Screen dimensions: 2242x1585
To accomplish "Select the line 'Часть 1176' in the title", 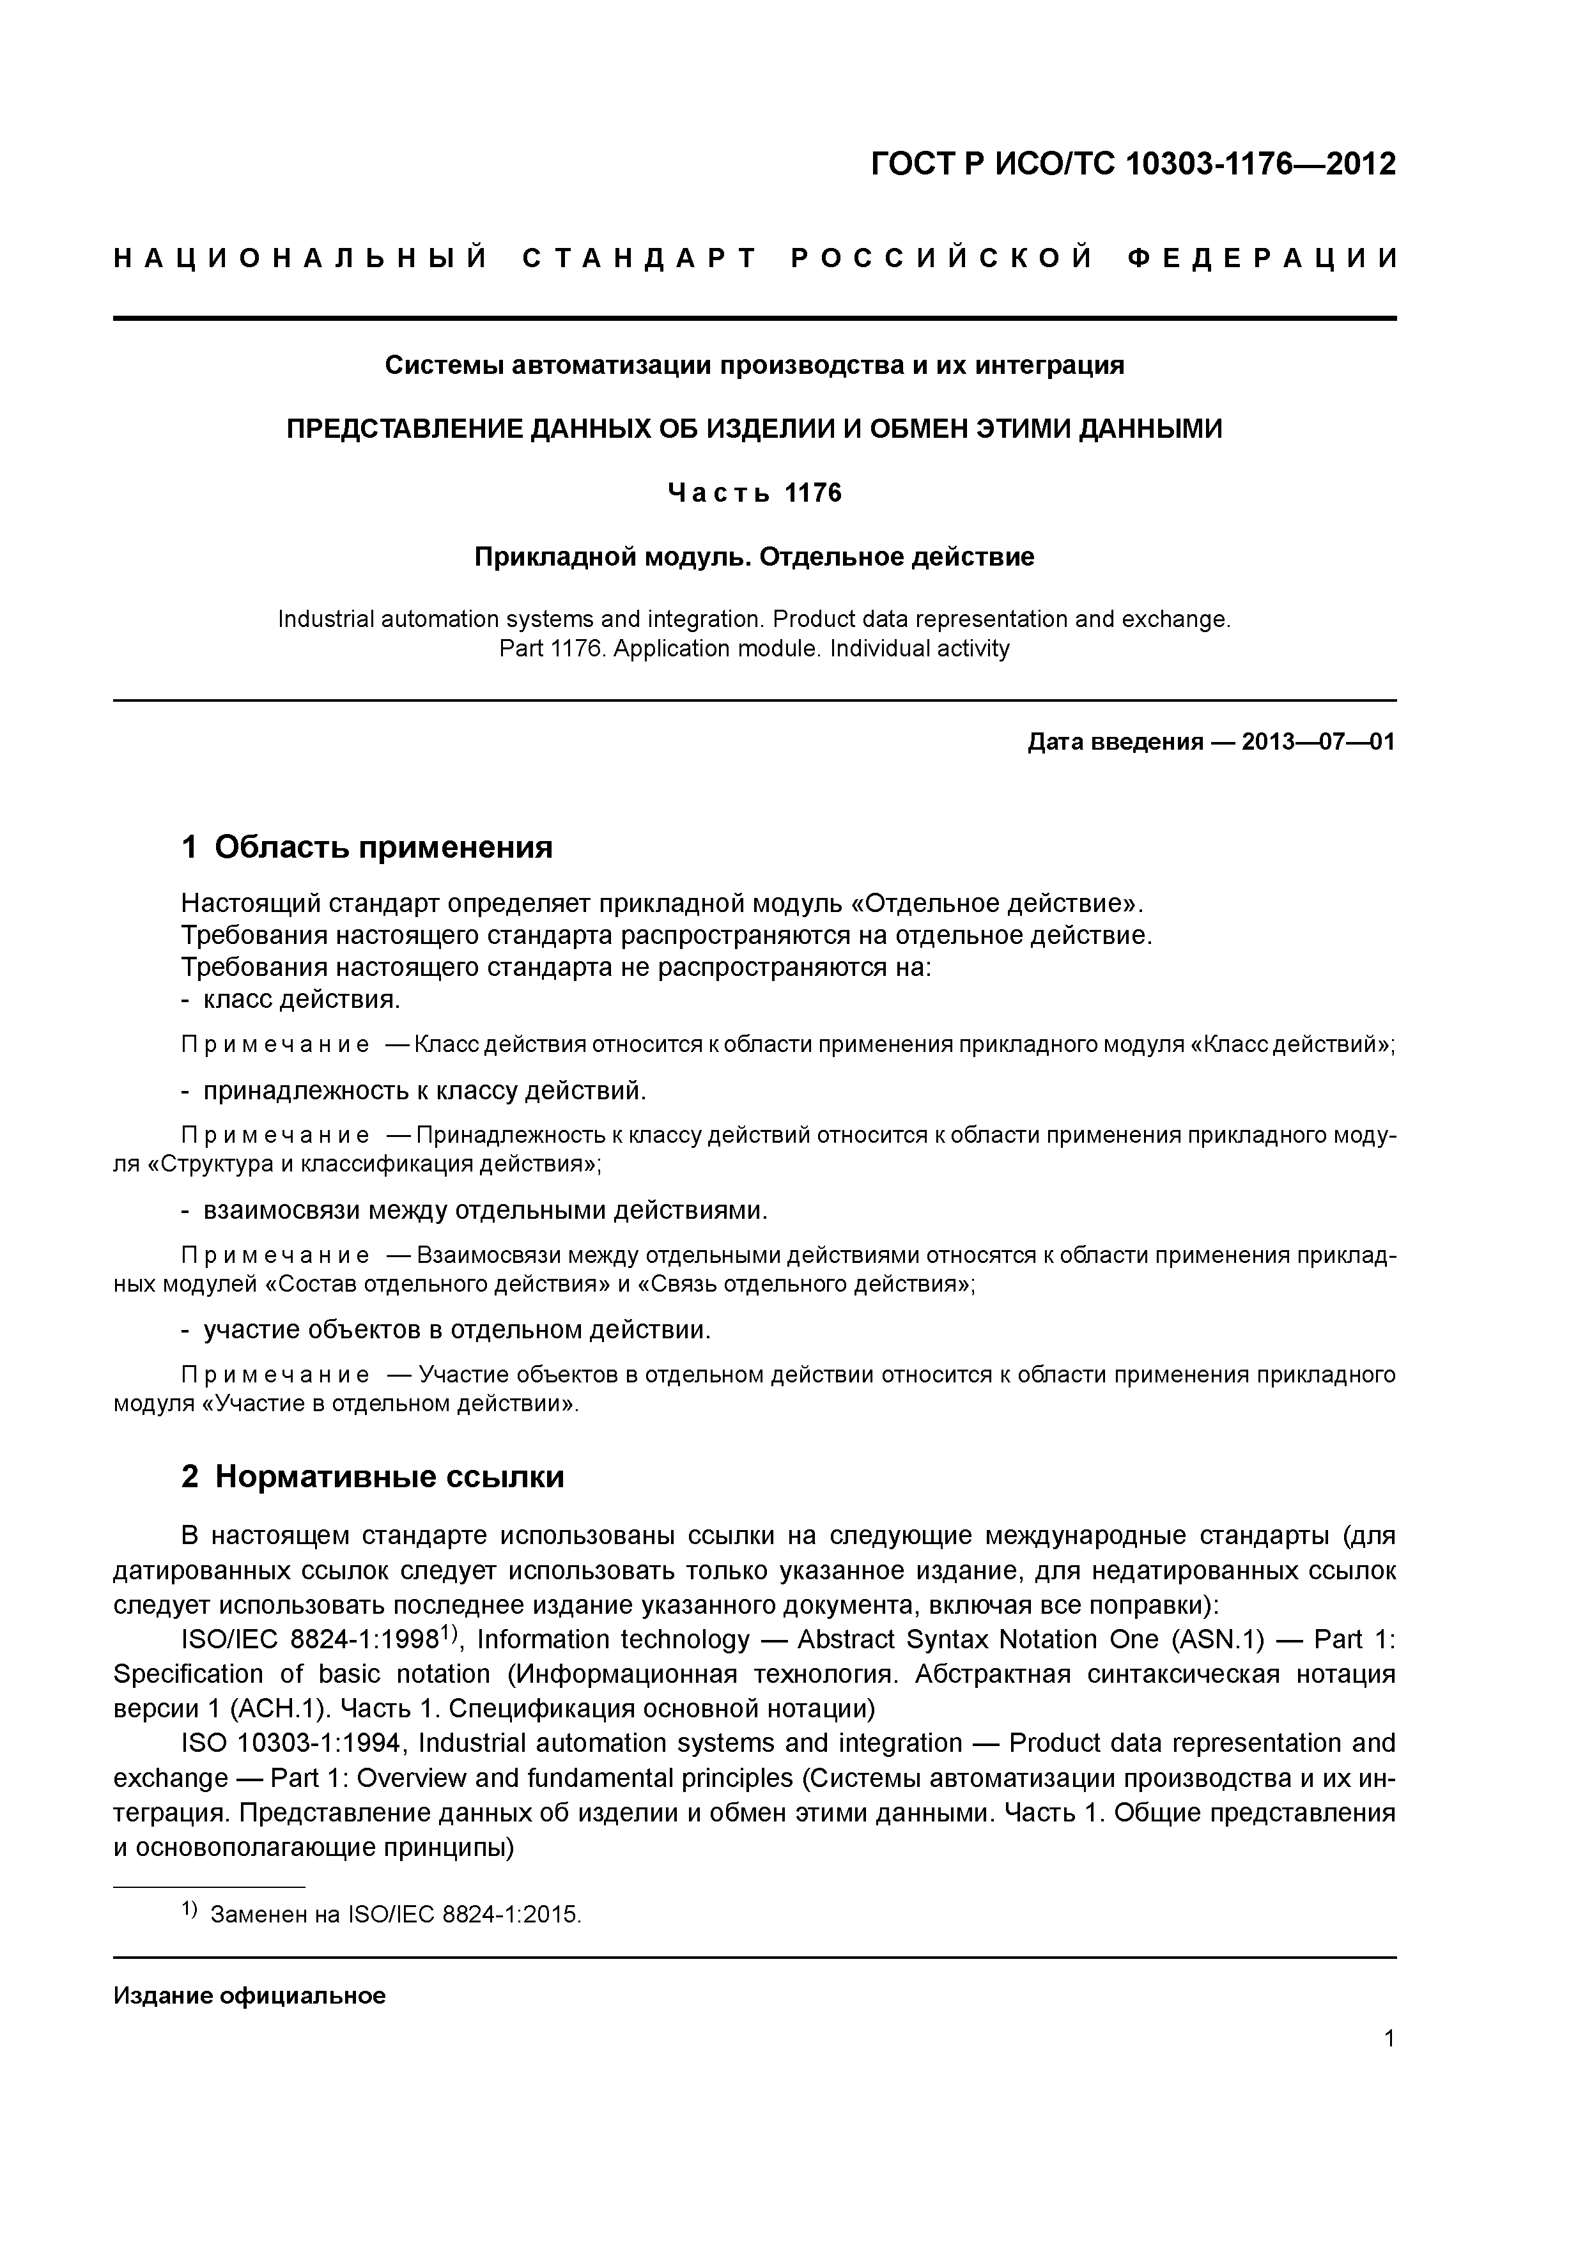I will (754, 493).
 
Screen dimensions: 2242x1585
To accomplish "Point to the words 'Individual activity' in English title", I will (919, 649).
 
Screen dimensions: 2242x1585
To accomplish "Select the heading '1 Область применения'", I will (367, 847).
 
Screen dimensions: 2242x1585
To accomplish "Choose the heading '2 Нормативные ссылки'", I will (373, 1476).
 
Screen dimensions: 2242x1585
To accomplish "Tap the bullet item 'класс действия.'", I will (301, 1000).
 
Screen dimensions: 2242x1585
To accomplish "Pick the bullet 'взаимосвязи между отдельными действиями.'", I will (485, 1211).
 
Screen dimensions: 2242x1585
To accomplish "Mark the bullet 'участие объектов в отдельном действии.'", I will (457, 1330).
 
